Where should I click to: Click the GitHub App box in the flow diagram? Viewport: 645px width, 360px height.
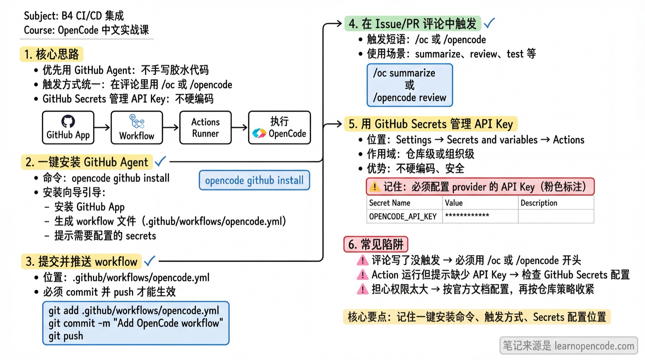click(68, 128)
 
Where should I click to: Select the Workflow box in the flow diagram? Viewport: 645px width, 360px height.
click(137, 128)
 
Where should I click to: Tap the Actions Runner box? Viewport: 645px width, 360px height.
click(205, 128)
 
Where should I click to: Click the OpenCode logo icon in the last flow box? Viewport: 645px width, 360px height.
click(259, 133)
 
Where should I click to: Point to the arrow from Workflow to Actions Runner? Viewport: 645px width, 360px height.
click(171, 127)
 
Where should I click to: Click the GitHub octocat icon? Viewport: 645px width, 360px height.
click(68, 121)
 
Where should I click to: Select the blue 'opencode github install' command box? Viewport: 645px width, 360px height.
click(254, 181)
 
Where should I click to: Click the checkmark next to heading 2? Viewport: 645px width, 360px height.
click(160, 161)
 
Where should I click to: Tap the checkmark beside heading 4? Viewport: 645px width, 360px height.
click(489, 23)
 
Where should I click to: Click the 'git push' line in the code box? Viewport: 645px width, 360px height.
click(66, 336)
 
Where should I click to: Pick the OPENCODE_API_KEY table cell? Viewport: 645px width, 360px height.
click(403, 216)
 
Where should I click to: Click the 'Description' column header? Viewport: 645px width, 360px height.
click(539, 203)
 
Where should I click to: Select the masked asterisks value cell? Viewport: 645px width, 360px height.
click(467, 215)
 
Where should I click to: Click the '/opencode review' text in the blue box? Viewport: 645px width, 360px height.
click(410, 98)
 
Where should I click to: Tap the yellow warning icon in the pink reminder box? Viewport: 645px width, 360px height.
click(374, 187)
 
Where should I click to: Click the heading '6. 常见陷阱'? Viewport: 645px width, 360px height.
click(376, 244)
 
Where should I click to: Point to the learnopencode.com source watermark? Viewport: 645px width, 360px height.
click(568, 346)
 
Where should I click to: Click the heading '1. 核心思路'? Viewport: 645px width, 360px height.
click(52, 54)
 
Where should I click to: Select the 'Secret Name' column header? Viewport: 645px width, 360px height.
click(390, 203)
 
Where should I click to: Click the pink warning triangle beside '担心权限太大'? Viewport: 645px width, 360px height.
click(362, 289)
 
